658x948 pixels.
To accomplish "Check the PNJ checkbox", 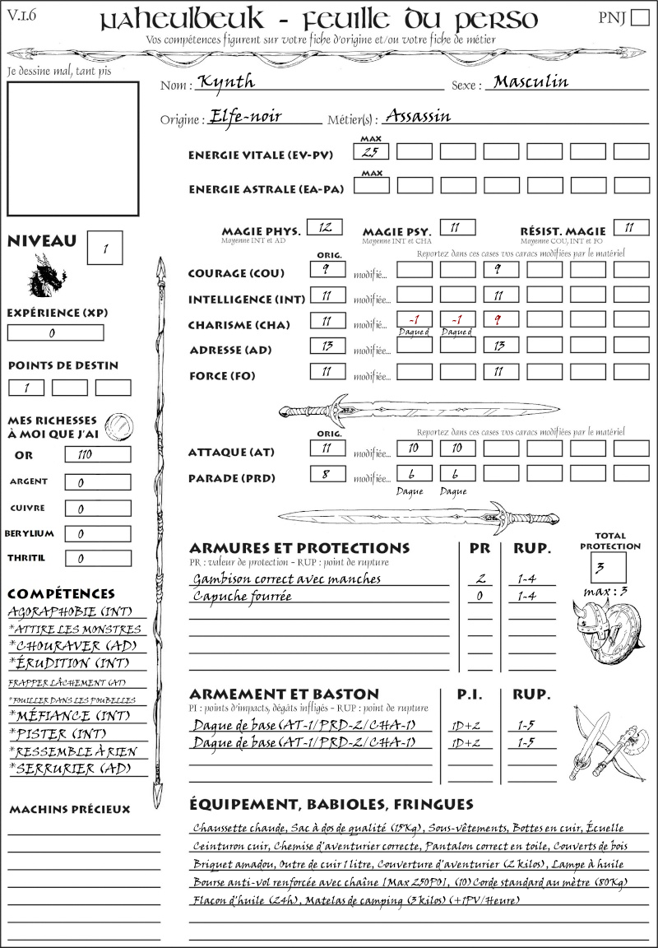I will coord(638,18).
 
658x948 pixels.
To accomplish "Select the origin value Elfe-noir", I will coord(246,116).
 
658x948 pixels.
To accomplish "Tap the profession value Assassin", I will coord(418,116).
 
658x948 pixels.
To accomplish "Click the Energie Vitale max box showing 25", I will coord(371,151).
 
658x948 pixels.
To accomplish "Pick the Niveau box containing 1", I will coord(106,247).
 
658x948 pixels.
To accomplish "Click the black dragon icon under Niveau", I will coord(47,276).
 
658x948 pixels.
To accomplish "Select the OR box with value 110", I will coord(97,454).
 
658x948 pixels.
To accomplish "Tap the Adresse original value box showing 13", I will coord(327,346).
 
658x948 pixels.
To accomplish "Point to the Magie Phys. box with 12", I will coord(324,227).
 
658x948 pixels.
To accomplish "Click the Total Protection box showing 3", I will coord(608,567).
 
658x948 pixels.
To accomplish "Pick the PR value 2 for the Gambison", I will coord(480,579).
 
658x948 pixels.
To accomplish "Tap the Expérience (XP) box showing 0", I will coord(55,333).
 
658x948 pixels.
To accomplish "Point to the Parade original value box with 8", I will coord(327,474).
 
